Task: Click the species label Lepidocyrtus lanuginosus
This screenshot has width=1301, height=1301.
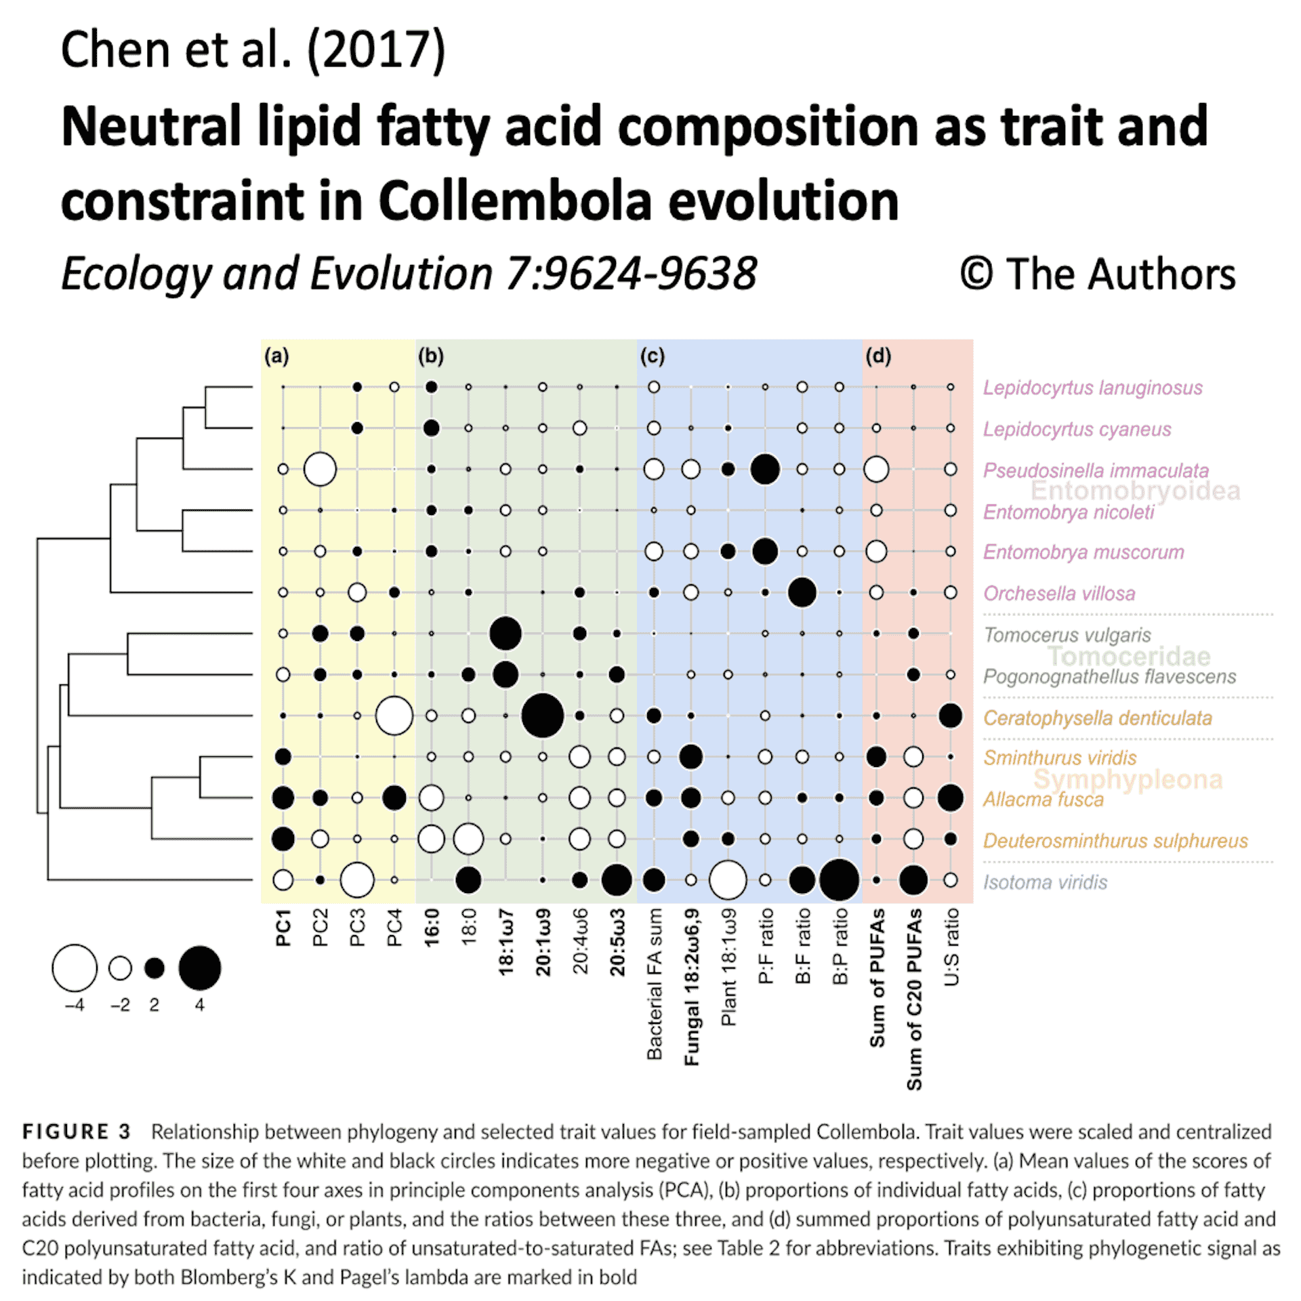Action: click(1092, 388)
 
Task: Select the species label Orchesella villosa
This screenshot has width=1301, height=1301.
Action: click(1058, 594)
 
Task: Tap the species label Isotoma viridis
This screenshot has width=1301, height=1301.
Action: click(1045, 882)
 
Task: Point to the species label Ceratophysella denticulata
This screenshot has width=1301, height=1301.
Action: click(1097, 718)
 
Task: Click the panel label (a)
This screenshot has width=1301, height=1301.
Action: click(276, 356)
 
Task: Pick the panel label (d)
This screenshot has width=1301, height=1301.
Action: click(878, 356)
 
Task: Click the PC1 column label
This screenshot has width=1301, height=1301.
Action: click(283, 928)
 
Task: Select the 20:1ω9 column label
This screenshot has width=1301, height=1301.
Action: click(543, 943)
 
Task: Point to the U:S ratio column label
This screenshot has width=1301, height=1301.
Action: click(951, 947)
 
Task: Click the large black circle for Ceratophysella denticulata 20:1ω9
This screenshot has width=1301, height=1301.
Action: click(542, 716)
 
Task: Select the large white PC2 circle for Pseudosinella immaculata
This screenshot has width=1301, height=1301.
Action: click(320, 469)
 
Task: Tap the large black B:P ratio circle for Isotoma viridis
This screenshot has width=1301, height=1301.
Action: click(839, 880)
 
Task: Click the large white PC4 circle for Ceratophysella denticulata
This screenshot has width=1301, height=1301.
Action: click(394, 716)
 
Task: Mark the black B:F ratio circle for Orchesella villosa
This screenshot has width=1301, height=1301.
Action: click(802, 593)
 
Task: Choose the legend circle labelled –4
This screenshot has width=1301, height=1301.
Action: click(75, 968)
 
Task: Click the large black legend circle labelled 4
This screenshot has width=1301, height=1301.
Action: click(200, 968)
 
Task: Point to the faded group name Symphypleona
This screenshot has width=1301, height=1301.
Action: click(1128, 780)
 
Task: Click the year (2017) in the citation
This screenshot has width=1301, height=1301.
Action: click(377, 50)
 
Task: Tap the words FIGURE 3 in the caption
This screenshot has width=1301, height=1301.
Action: click(76, 1132)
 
